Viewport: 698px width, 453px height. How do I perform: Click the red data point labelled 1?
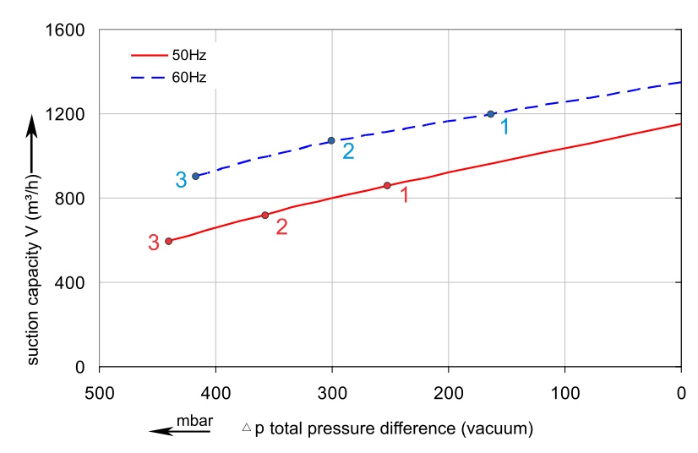point(387,185)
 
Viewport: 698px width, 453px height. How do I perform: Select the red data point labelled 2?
point(265,215)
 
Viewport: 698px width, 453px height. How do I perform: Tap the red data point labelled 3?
point(169,241)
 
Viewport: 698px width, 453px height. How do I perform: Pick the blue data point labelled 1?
point(490,114)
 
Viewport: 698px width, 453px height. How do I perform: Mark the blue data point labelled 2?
point(331,140)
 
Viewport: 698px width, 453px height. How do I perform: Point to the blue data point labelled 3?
point(195,176)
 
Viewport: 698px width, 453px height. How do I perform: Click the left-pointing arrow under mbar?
point(180,431)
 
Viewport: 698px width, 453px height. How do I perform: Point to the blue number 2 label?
point(348,152)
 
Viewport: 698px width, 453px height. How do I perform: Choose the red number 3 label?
point(153,243)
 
